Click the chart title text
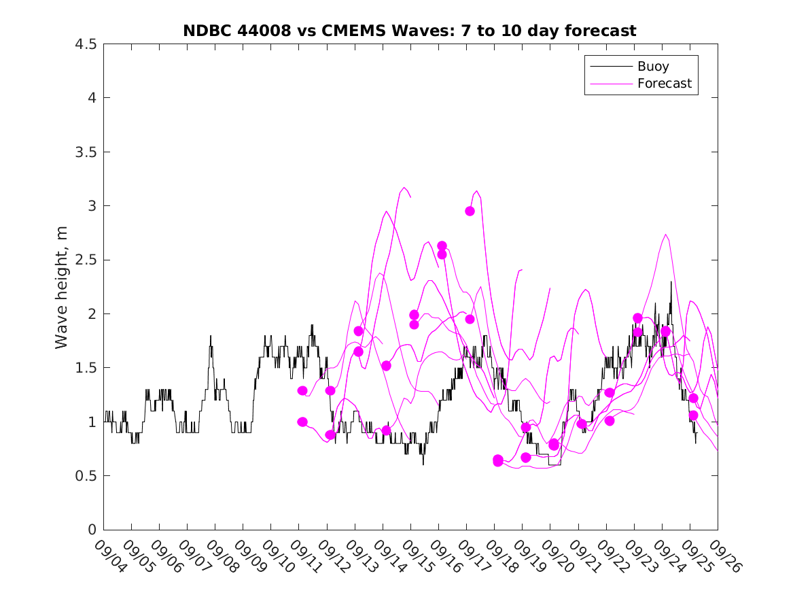coord(410,31)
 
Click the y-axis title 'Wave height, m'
coord(62,286)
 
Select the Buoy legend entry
coord(652,66)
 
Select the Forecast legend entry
coord(664,84)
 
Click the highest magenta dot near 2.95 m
coord(470,211)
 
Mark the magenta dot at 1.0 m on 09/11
coord(302,422)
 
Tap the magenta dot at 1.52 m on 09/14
coord(386,366)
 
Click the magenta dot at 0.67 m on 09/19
coord(526,457)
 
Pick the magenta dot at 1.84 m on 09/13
coord(358,331)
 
